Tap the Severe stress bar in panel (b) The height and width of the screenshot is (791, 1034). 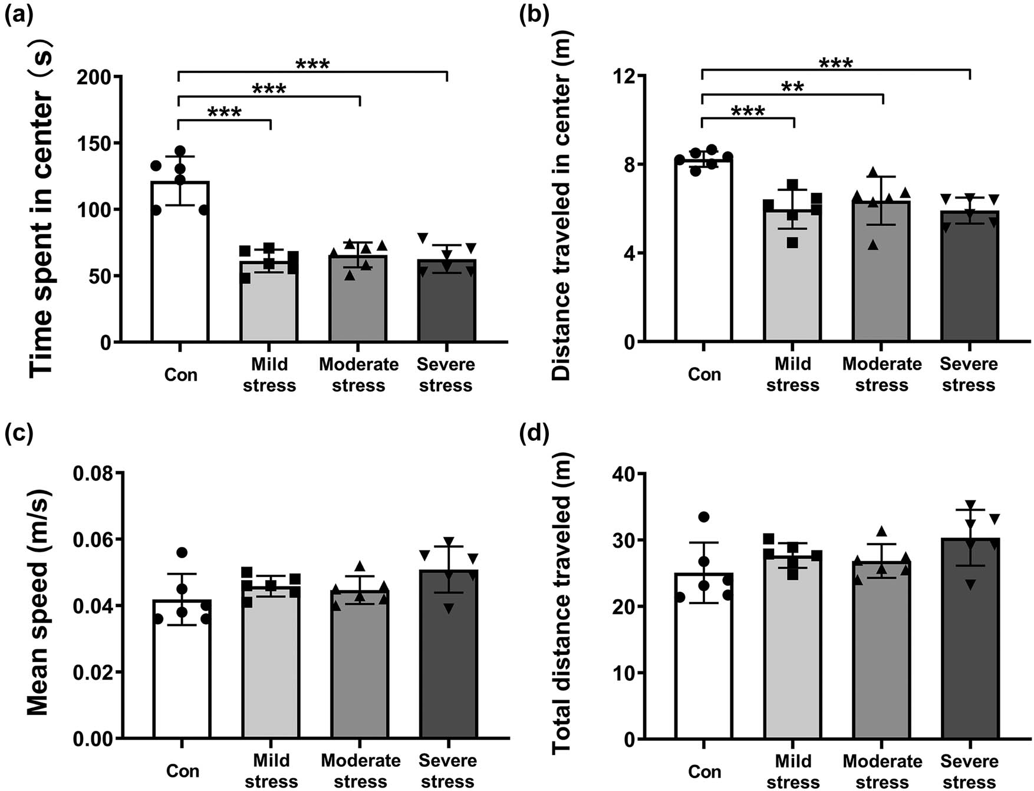969,277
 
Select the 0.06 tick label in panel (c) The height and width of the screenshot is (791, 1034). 94,539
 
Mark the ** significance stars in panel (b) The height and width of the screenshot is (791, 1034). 792,87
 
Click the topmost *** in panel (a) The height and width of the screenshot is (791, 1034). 312,64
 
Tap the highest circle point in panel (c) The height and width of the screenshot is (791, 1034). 182,552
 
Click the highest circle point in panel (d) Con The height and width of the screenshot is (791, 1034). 704,517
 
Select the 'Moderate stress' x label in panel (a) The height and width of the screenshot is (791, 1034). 358,375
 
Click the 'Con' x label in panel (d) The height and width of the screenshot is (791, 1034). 704,772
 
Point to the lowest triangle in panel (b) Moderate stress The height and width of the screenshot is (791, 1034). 873,245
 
